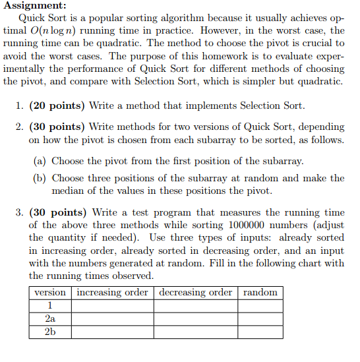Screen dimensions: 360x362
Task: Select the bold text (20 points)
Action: pos(56,106)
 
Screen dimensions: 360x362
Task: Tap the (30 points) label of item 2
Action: pos(57,127)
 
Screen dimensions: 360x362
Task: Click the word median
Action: pos(70,191)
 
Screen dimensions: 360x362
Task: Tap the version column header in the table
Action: pos(50,292)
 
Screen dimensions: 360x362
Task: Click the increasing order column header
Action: pos(113,292)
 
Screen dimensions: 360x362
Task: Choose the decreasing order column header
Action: pos(196,292)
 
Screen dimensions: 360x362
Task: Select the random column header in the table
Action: pos(260,292)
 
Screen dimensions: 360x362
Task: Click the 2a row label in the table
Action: pos(50,318)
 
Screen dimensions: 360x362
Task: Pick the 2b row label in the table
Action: pos(50,331)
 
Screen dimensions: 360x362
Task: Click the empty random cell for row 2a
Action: pos(260,318)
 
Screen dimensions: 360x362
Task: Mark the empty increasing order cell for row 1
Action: pos(113,305)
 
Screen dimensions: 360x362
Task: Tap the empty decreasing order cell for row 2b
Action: pos(196,331)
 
